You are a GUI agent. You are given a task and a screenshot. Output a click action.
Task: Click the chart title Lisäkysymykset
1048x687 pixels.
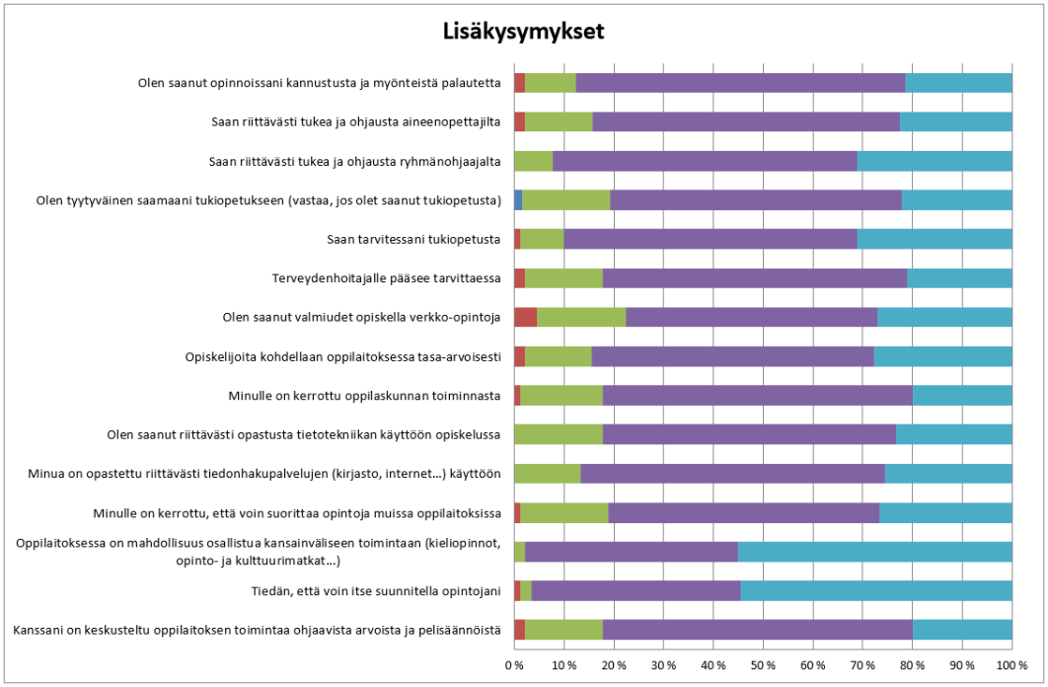[x=522, y=32]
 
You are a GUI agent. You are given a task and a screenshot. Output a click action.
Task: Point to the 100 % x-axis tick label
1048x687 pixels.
[x=1011, y=664]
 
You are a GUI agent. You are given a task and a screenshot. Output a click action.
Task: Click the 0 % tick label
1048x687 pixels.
[x=514, y=664]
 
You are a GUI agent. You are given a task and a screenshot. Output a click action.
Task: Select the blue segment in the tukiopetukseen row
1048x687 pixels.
[x=518, y=199]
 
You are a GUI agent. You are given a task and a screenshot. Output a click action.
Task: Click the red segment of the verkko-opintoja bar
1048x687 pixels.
[x=525, y=317]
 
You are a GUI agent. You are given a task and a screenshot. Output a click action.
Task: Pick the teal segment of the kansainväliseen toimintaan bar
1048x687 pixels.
[x=874, y=552]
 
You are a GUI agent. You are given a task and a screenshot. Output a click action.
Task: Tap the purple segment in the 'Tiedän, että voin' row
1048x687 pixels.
[x=636, y=591]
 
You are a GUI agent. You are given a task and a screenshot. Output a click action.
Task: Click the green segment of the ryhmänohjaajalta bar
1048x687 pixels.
[x=533, y=161]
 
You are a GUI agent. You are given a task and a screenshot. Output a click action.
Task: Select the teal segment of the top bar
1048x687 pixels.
[x=958, y=83]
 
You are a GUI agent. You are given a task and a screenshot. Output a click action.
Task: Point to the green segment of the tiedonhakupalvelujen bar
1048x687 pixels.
[x=547, y=474]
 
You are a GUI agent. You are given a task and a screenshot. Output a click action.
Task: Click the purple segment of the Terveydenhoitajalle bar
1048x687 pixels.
[x=754, y=278]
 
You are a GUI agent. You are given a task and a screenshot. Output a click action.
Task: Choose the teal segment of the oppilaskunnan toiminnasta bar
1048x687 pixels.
[x=962, y=396]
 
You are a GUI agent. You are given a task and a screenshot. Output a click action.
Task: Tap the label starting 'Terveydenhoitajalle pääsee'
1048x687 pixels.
[x=389, y=278]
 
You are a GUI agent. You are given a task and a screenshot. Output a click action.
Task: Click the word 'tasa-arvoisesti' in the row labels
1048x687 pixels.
[x=463, y=356]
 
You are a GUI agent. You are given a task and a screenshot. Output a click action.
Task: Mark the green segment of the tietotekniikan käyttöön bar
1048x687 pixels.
[x=558, y=434]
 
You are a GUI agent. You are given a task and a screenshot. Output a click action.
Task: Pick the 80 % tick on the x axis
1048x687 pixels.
[x=912, y=664]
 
